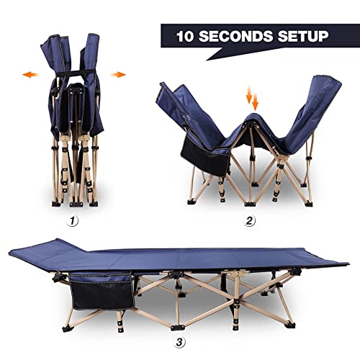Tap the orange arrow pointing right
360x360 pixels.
[x=119, y=73]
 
